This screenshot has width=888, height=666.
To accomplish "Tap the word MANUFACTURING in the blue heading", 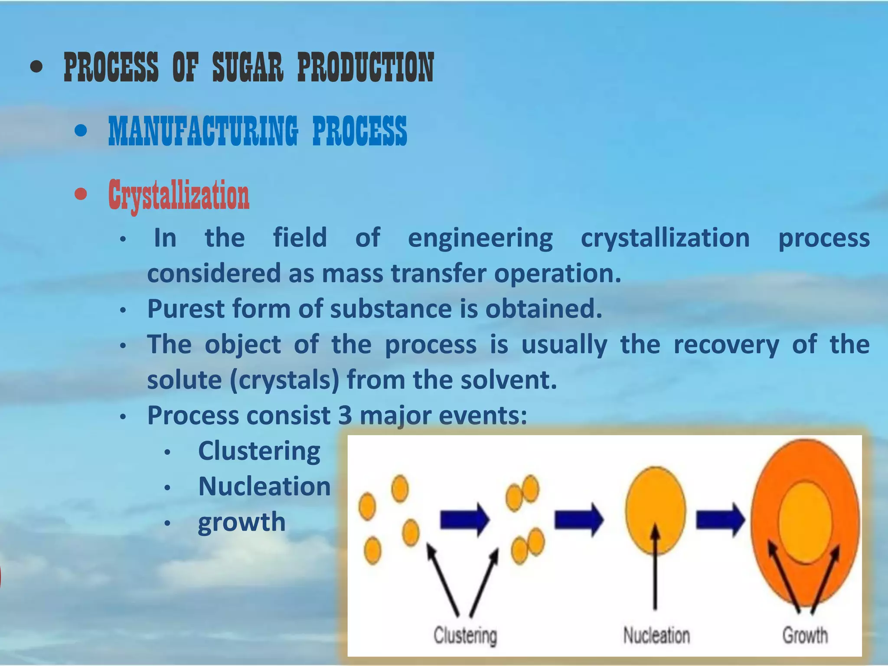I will pyautogui.click(x=203, y=131).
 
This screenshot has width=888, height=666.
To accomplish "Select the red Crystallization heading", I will pyautogui.click(x=179, y=195).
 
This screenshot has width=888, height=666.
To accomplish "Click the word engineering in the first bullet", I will pyautogui.click(x=480, y=238).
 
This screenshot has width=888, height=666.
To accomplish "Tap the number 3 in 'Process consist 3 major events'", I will pyautogui.click(x=345, y=415).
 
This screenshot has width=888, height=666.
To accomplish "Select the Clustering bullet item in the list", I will pyautogui.click(x=259, y=451).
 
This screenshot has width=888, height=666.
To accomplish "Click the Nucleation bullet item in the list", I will pyautogui.click(x=264, y=486).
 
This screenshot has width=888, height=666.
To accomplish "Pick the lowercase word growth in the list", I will pyautogui.click(x=242, y=522).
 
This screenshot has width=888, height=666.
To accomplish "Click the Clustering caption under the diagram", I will pyautogui.click(x=465, y=636).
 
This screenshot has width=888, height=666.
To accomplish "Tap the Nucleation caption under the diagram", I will pyautogui.click(x=656, y=636).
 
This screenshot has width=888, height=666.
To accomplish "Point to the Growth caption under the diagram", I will pyautogui.click(x=805, y=636).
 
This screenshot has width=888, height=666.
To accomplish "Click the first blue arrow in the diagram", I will pyautogui.click(x=464, y=519).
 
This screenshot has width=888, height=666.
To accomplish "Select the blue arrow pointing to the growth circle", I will pyautogui.click(x=720, y=519).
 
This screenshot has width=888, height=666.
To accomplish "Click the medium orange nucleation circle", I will pyautogui.click(x=656, y=503).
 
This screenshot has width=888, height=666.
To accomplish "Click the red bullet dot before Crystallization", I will pyautogui.click(x=81, y=194).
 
